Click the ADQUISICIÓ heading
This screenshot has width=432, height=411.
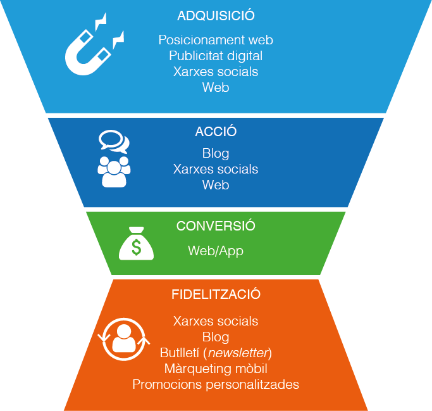pyautogui.click(x=216, y=16)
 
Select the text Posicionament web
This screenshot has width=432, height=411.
pyautogui.click(x=216, y=40)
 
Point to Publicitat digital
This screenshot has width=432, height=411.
pyautogui.click(x=216, y=56)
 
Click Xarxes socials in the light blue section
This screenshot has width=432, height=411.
pyautogui.click(x=216, y=72)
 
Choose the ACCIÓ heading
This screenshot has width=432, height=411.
pyautogui.click(x=216, y=132)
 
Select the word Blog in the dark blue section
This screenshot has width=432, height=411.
pyautogui.click(x=216, y=153)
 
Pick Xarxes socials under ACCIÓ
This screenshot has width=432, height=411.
pyautogui.click(x=216, y=169)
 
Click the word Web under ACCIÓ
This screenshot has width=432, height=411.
pyautogui.click(x=216, y=185)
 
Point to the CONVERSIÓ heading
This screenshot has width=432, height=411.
pyautogui.click(x=216, y=226)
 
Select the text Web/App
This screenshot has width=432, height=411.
pyautogui.click(x=216, y=251)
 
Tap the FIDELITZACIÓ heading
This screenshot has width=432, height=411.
pyautogui.click(x=216, y=294)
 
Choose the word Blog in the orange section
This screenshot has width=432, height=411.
pyautogui.click(x=216, y=337)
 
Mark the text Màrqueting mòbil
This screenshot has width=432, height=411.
pyautogui.click(x=216, y=369)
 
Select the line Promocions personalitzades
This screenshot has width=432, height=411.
pyautogui.click(x=216, y=384)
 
